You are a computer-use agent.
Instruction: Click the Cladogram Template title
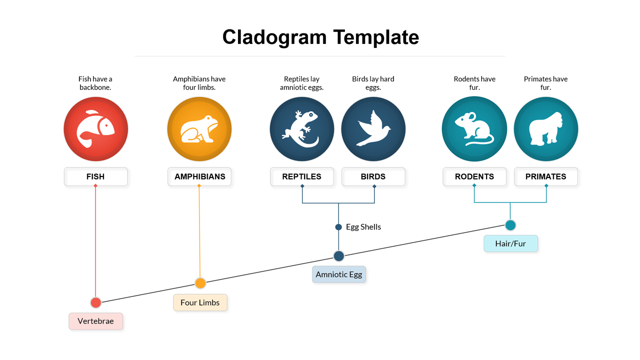tap(320, 37)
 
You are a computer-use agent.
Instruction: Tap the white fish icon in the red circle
tap(95, 129)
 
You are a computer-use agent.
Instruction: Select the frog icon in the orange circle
tap(199, 129)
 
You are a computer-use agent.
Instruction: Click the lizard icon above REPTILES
tap(301, 129)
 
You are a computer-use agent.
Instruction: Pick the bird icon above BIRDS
tap(373, 129)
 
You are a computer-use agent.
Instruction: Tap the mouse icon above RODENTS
tap(474, 129)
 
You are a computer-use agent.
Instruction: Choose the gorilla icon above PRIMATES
tap(545, 129)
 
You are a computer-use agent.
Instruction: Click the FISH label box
tap(95, 176)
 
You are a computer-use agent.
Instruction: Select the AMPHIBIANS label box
tap(199, 176)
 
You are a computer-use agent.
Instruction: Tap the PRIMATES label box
tap(545, 176)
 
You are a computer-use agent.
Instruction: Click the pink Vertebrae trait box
tap(95, 321)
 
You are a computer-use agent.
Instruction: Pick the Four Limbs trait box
tap(200, 302)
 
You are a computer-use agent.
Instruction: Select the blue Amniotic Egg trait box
tap(339, 274)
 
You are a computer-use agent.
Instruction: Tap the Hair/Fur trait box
tap(510, 243)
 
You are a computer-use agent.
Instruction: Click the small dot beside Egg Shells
tap(338, 227)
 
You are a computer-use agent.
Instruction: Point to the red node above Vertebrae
tap(95, 302)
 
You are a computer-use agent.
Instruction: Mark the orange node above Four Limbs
tap(200, 283)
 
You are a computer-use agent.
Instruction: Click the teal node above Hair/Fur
tap(510, 225)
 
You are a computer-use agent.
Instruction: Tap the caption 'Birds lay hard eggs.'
tap(373, 83)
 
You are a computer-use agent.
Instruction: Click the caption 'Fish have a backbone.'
tap(95, 83)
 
